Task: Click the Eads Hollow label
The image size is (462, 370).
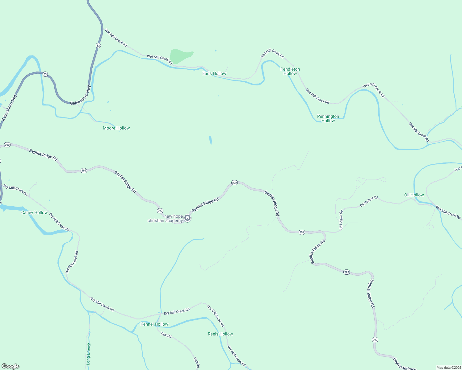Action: pos(214,73)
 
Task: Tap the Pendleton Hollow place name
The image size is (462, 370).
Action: pos(290,71)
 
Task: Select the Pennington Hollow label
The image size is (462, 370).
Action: pos(328,118)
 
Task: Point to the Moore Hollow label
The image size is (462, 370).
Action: pos(116,128)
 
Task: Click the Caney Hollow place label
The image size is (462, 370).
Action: pos(35,212)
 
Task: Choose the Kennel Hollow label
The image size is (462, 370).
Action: pos(154,324)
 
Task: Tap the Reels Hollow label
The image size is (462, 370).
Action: pos(220,334)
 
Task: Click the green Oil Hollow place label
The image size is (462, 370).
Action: pos(414,195)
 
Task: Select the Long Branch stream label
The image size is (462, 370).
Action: pos(89,354)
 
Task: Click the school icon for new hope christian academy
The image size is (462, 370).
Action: pos(187,218)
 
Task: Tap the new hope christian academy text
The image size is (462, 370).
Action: pos(165,218)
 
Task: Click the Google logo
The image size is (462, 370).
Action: pos(10,366)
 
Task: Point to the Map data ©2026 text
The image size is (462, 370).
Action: pos(448,368)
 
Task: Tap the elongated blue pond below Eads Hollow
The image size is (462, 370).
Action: pos(210,140)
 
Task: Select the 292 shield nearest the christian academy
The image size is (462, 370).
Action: pos(160,211)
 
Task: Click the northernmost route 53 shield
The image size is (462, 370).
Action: pos(98,45)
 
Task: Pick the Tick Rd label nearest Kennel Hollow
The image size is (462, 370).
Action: pos(166,335)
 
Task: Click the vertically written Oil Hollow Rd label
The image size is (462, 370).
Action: pos(341,220)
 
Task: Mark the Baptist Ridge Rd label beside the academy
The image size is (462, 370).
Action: pos(205,205)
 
